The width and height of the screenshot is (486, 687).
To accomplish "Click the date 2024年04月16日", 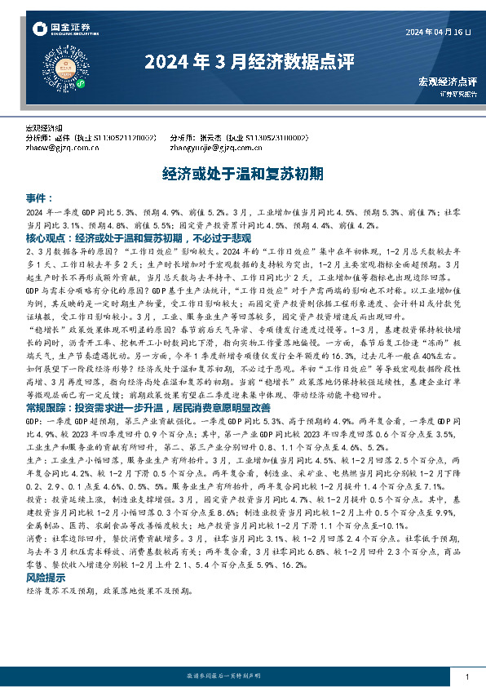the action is [x=439, y=32].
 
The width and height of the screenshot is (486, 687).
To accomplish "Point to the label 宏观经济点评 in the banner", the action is [x=447, y=81].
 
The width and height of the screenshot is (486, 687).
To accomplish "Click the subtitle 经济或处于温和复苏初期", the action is [x=242, y=174].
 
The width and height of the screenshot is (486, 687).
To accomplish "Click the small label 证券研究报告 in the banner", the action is [x=455, y=92].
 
